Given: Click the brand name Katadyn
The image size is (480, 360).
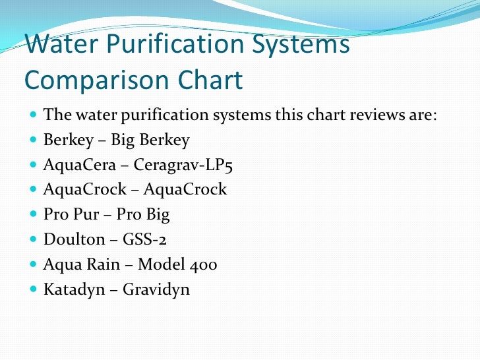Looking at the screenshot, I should tap(73, 289).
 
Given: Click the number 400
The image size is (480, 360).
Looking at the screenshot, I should tap(204, 264).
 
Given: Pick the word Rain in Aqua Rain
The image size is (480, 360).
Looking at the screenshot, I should tap(102, 264).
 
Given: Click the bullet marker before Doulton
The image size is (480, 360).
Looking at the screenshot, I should tap(34, 239).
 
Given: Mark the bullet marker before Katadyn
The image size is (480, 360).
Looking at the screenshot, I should tap(34, 289).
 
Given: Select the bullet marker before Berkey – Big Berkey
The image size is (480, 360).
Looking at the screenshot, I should tap(34, 140).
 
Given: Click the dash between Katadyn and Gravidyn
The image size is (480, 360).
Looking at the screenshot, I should tap(113, 289).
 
